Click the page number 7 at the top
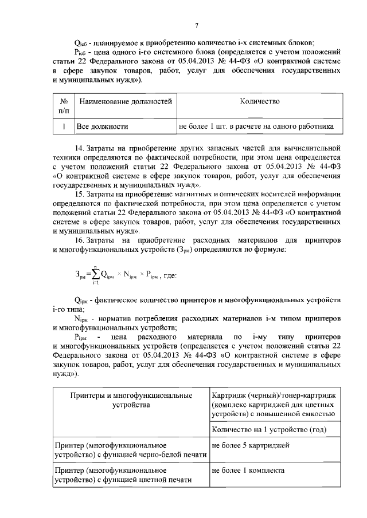click(196, 25)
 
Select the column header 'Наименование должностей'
click(126, 101)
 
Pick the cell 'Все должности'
click(103, 126)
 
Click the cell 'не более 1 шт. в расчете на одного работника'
click(256, 126)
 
